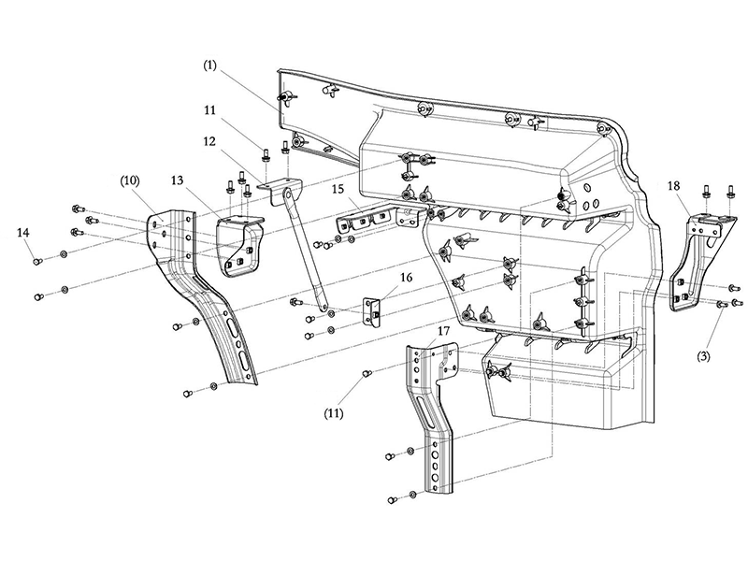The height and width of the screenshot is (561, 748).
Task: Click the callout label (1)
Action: tap(209, 65)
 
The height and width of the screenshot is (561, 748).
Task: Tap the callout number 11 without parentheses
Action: tap(209, 110)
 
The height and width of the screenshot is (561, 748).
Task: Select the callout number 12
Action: tap(209, 141)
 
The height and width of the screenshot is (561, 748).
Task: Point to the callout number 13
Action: tap(177, 180)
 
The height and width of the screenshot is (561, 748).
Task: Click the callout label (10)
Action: tap(130, 180)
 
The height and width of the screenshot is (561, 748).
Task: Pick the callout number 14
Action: tap(22, 232)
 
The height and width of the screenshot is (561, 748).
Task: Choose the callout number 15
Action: tap(338, 189)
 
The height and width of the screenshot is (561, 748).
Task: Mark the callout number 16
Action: tap(407, 277)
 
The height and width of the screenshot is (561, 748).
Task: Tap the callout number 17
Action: tap(443, 331)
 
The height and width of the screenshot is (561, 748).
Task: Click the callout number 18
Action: tap(673, 185)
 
